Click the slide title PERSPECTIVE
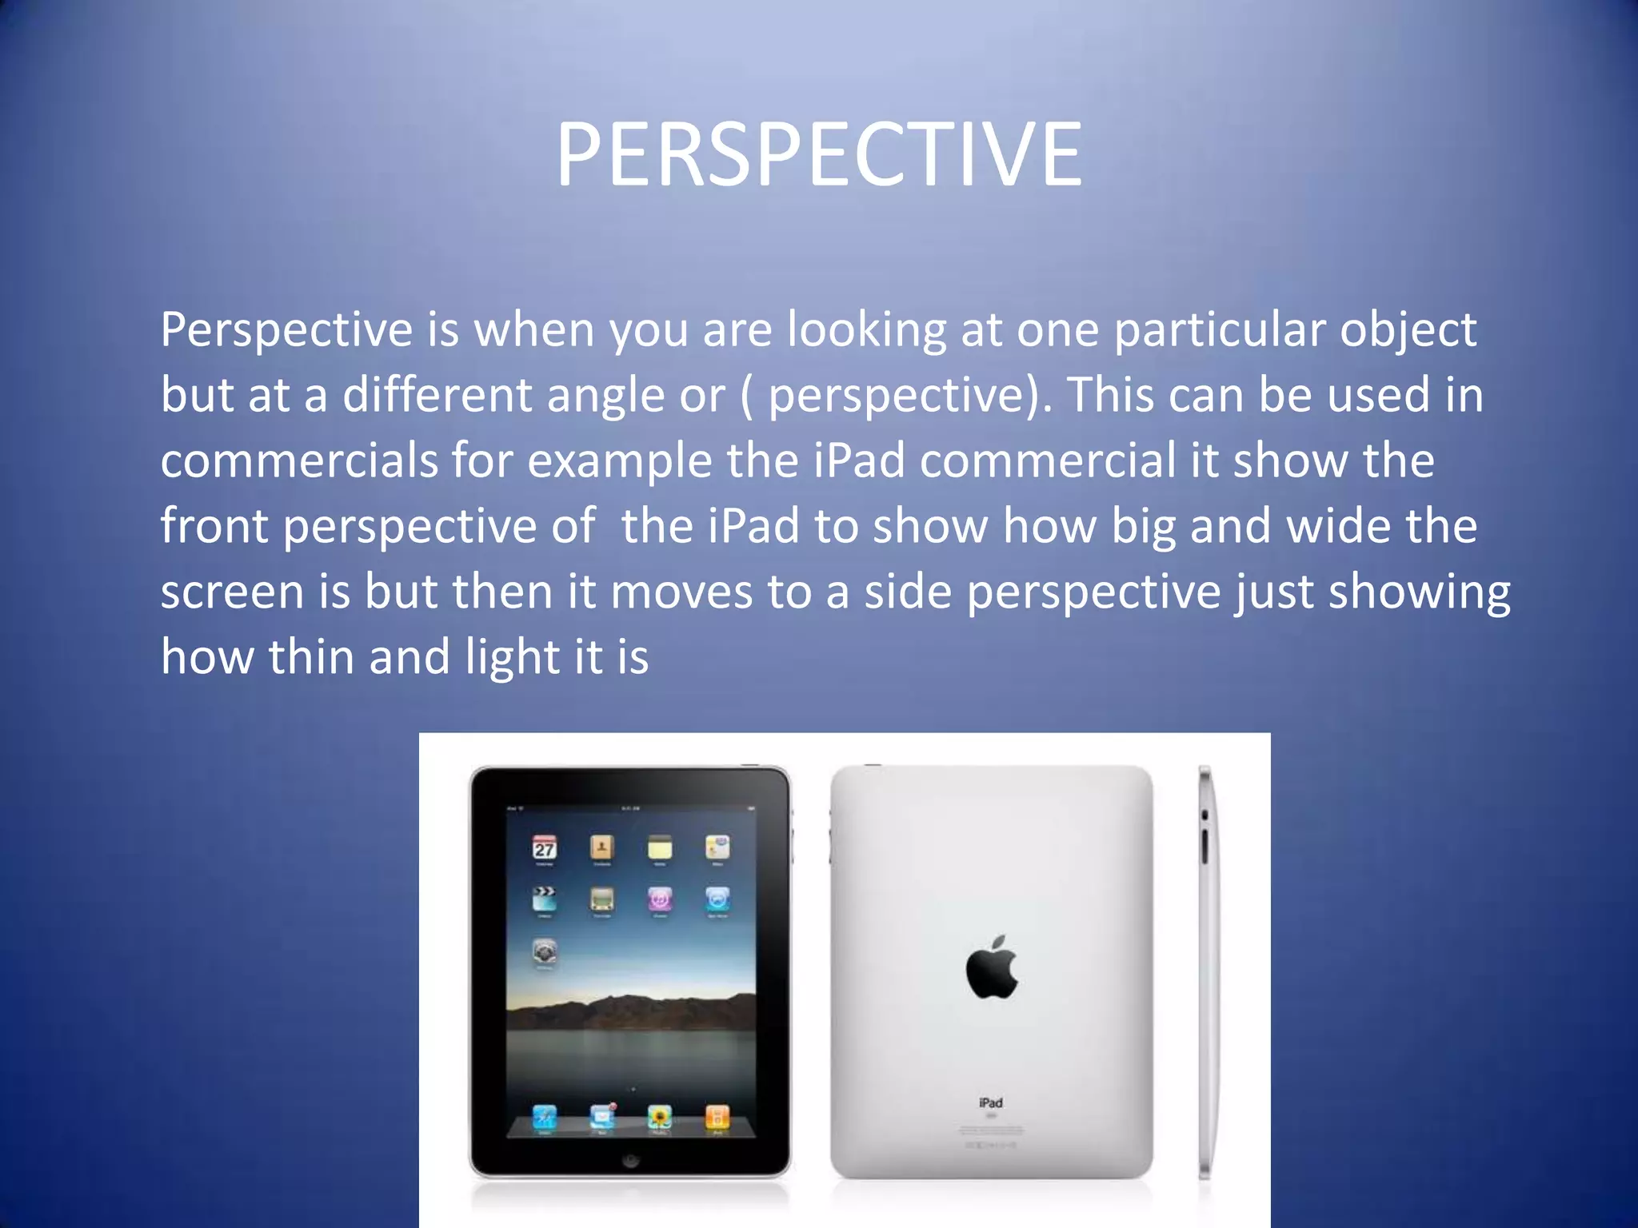tap(819, 154)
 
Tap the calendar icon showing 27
tap(545, 847)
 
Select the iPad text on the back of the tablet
tap(991, 1102)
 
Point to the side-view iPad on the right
tap(1205, 971)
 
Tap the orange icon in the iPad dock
tap(717, 1116)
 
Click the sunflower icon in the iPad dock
tap(659, 1116)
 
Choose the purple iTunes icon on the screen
tap(659, 899)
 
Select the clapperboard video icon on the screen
tap(545, 899)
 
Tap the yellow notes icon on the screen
tap(659, 847)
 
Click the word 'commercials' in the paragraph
tap(298, 461)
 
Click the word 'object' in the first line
tap(1408, 330)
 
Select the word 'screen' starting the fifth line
tap(232, 592)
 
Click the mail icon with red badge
tap(602, 1116)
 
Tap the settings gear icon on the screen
tap(545, 951)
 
